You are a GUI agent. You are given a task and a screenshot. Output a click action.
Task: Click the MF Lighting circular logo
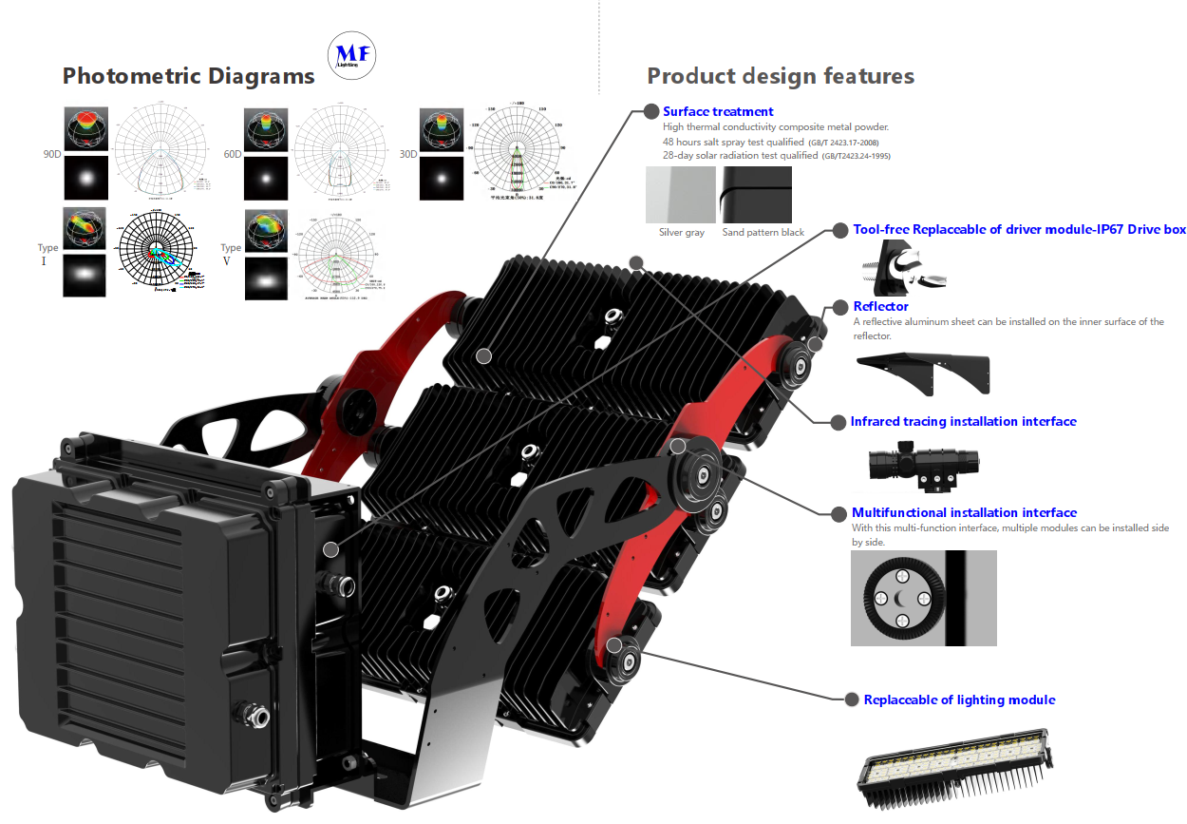[351, 58]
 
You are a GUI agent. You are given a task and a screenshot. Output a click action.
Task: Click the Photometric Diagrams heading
[188, 76]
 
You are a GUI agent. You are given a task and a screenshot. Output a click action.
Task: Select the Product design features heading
[780, 76]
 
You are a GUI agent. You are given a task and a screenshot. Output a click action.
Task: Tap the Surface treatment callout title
[718, 111]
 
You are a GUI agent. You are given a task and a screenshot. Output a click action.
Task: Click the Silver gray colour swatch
[681, 195]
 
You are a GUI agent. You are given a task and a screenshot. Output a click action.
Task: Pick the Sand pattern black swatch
[756, 195]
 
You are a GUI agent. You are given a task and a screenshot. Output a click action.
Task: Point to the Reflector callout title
[880, 306]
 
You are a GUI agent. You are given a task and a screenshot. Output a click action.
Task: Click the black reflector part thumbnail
[923, 374]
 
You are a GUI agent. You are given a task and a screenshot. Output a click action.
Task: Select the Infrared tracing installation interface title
[963, 421]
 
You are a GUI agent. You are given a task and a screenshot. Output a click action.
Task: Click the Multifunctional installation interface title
[964, 512]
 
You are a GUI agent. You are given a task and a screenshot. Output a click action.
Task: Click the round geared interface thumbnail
[923, 598]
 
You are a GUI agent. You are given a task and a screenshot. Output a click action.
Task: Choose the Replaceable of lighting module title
[959, 699]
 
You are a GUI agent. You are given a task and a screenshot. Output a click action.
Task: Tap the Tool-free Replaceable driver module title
[1019, 229]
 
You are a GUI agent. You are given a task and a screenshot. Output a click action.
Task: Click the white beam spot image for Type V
[265, 278]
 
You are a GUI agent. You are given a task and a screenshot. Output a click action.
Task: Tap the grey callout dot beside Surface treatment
[651, 111]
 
